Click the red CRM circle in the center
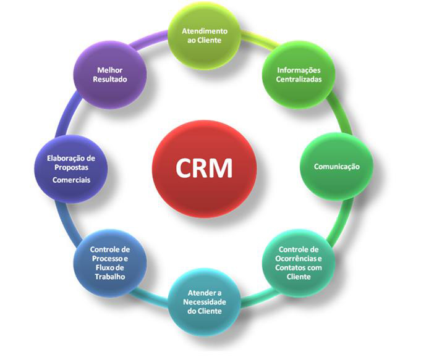[204, 165]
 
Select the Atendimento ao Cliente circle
[204, 36]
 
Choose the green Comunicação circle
[336, 166]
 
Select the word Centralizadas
[299, 80]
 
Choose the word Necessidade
[204, 302]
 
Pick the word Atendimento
[205, 31]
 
